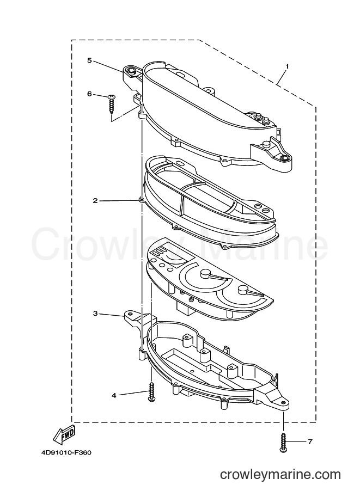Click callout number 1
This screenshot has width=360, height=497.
(287, 66)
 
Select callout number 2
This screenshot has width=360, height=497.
(95, 201)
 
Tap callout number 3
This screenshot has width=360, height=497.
(95, 314)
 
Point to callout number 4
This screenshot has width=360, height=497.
(114, 395)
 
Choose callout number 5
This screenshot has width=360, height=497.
(90, 60)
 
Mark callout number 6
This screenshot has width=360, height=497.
(90, 94)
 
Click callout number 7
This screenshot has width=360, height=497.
(310, 441)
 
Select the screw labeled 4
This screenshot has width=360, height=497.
(151, 392)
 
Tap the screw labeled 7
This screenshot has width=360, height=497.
(283, 442)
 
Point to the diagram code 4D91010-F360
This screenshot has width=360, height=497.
(66, 452)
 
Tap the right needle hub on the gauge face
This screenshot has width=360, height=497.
(243, 289)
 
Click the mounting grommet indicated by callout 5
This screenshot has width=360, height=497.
(130, 70)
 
